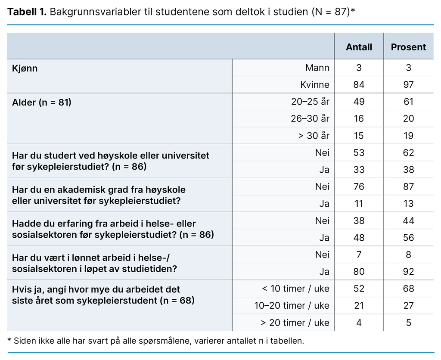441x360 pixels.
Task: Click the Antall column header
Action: [359, 47]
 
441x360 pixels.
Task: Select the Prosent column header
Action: [408, 47]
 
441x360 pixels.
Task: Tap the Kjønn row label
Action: [25, 68]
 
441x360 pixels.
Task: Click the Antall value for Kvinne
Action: [359, 84]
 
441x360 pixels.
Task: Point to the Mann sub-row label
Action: [317, 68]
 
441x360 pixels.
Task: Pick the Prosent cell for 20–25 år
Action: [408, 102]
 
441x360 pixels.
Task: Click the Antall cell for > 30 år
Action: [359, 136]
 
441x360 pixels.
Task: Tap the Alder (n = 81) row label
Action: [41, 102]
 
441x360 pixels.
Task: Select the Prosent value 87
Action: [408, 186]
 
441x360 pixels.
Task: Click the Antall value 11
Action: [359, 203]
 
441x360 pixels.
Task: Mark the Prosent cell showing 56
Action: [408, 237]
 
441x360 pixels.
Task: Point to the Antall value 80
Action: [359, 271]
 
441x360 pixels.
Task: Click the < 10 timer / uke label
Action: [295, 289]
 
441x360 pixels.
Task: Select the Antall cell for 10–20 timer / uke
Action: [359, 305]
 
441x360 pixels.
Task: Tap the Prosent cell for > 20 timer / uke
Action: [408, 323]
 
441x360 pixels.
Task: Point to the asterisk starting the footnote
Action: [9, 340]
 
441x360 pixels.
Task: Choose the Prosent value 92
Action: [408, 271]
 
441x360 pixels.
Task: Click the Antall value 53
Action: [359, 152]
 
